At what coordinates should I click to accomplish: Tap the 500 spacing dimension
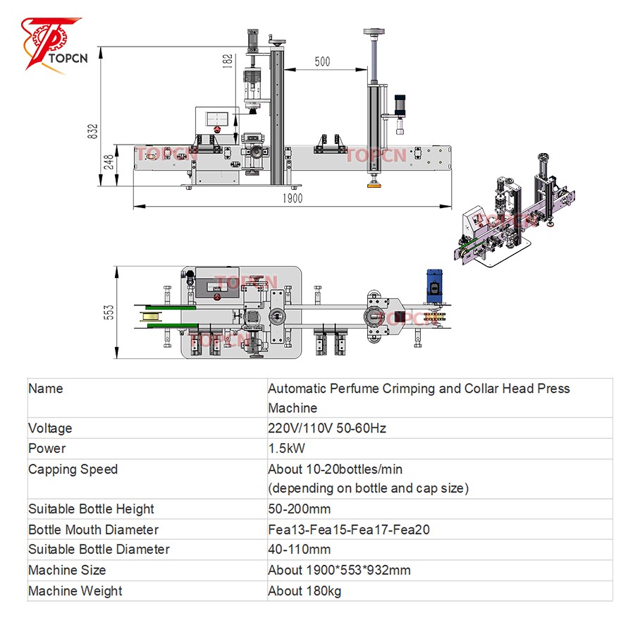pos(321,61)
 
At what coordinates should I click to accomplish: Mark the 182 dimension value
pos(227,61)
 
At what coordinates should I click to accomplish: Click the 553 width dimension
pos(109,312)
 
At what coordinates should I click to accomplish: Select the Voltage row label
pos(50,428)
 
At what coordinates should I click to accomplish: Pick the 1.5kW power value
pos(286,449)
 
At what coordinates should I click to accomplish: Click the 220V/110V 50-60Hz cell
pos(327,428)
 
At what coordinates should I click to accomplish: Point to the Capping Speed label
pos(73,469)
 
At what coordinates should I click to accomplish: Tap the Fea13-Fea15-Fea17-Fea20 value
pos(348,529)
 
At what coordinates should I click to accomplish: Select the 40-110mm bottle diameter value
pos(299,549)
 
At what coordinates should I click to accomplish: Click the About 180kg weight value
pos(304,591)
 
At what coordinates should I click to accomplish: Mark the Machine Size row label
pos(67,570)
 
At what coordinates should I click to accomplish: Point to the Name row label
pos(45,389)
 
